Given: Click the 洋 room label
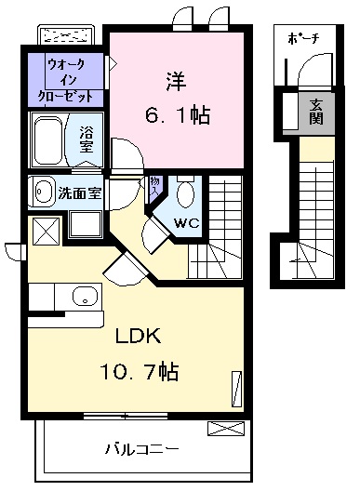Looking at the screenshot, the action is coord(176,82).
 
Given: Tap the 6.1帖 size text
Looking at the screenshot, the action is coord(178,115).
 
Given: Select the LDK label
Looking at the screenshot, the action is coord(139,337).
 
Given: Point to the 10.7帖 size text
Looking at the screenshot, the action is coord(140,371).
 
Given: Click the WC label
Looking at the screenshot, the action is coord(187,223).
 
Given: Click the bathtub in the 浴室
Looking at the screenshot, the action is coord(48,140).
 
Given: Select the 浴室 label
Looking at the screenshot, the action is coord(86,139).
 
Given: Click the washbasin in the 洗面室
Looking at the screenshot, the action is coord(43,191).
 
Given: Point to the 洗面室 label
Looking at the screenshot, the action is coord(80,192).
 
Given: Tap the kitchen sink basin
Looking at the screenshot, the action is coord(86,297).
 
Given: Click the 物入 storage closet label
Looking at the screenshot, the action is coord(154,186).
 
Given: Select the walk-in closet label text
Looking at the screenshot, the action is coord(65,80).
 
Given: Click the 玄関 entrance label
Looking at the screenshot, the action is coord(316,113).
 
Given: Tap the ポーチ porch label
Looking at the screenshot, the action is coord(303,39).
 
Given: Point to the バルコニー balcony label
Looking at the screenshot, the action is coord(141,449).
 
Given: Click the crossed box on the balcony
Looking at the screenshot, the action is coord(226,428).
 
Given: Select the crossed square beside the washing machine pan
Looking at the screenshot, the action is coord(47,232).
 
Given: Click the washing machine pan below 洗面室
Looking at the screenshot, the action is coord(86,224).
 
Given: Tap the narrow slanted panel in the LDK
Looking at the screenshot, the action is coord(236,389).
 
